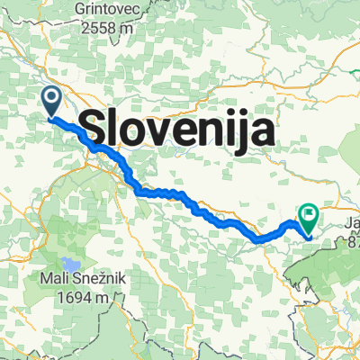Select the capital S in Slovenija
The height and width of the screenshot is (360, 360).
[x=94, y=131]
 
